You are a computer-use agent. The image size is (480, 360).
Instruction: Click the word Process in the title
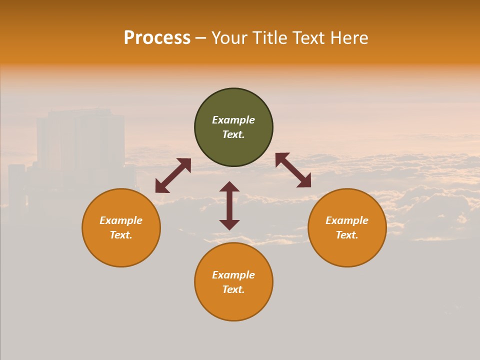point(157,38)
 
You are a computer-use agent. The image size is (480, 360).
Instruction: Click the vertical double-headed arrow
point(229,205)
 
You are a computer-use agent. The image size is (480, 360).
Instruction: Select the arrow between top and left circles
point(173,175)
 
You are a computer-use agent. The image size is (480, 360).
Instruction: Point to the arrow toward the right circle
point(293,170)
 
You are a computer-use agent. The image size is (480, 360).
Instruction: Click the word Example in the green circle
point(233,120)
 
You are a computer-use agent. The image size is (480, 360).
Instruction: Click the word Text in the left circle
point(121,235)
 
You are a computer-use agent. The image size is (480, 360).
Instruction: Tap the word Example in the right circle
point(347,220)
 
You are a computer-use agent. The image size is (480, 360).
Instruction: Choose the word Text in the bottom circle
point(233,289)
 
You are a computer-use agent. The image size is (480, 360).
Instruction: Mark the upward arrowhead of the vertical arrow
point(229,186)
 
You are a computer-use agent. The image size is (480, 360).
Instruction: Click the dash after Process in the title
point(200,38)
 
